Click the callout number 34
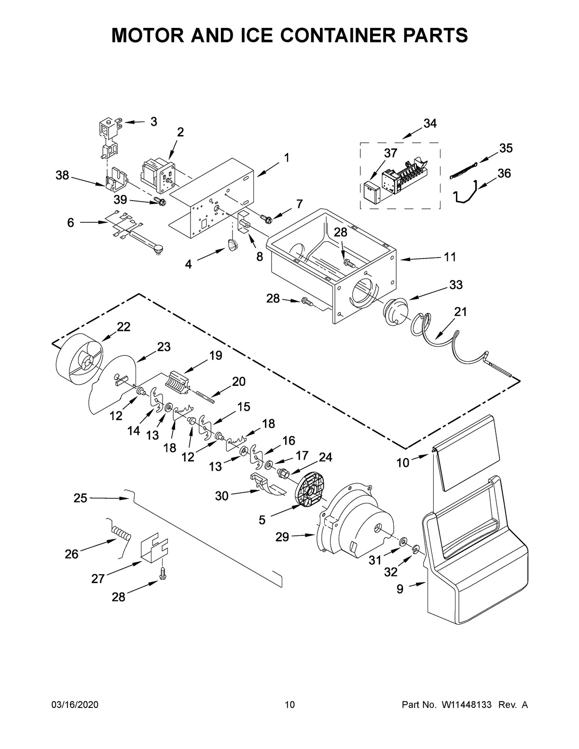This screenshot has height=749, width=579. (x=430, y=123)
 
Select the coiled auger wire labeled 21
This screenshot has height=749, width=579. (x=454, y=347)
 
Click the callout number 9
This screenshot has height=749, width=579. (x=400, y=589)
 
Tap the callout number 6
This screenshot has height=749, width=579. (x=71, y=223)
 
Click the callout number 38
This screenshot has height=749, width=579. (x=62, y=176)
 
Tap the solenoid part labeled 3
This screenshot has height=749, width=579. (x=108, y=135)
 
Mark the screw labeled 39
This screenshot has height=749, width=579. (x=159, y=201)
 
